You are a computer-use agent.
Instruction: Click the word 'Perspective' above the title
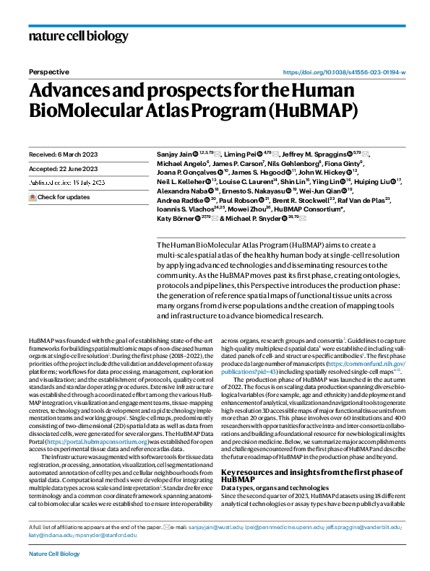pos(49,72)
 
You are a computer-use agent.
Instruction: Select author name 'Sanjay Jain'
pos(175,154)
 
